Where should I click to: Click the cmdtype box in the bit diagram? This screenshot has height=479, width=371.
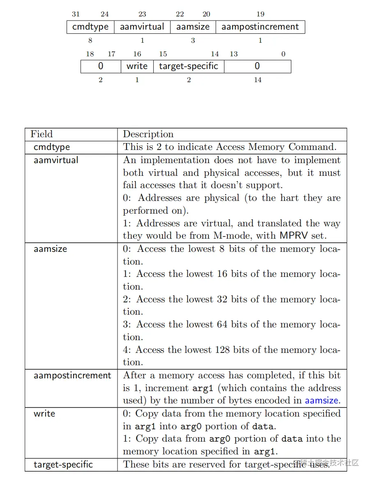tap(90, 27)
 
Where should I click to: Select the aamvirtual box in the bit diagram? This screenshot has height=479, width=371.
tap(142, 27)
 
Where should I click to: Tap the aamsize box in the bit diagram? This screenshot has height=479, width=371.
tap(193, 27)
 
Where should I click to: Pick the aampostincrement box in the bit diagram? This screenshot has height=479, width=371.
tap(260, 27)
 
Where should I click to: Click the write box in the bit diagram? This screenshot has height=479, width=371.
tap(137, 66)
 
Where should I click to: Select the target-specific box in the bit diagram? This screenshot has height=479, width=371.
tap(189, 66)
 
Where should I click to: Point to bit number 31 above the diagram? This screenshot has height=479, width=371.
tap(76, 14)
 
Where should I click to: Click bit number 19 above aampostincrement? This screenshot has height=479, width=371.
tap(260, 14)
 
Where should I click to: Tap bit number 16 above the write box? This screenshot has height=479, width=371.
tap(137, 54)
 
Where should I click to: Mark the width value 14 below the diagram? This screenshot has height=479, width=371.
tap(258, 80)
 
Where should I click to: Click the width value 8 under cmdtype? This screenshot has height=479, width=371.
tap(90, 41)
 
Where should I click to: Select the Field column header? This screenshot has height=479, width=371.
tap(41, 134)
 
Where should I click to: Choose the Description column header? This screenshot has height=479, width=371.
tap(148, 134)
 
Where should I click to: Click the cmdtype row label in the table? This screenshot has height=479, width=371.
tap(52, 147)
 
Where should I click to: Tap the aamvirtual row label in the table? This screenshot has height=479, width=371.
tap(56, 160)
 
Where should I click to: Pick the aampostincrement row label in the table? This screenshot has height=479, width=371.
tap(72, 375)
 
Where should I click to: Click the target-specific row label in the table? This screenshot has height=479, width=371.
tap(63, 465)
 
